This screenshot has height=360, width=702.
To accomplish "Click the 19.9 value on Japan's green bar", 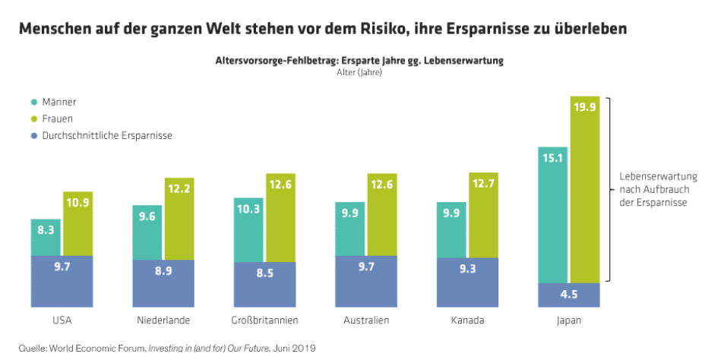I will pos(584,106).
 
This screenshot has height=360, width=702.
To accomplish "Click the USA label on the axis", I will pos(62,321).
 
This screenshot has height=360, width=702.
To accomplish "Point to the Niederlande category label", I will pos(164,321).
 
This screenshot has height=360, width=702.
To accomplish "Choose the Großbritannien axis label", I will pos(265,321).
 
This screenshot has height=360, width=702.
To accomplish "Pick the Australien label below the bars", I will pos(365,321).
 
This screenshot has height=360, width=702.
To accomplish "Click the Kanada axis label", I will pos(467,321).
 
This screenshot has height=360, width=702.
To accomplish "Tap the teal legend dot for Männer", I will pos(33,102).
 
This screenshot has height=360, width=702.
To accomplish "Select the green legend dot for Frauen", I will pos(33,118).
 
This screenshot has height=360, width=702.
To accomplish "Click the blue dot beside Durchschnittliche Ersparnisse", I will pos(33,135).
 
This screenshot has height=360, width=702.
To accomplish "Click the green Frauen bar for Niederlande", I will pos(179,220).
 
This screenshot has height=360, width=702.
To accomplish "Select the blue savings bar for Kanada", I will pos(467,282).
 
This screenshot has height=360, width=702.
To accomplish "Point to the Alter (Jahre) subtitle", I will pos(359,73).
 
